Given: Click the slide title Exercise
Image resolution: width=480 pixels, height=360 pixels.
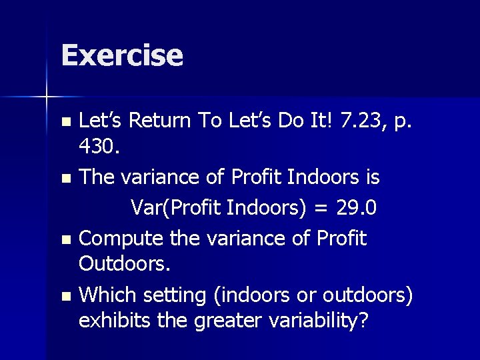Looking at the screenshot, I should [x=121, y=55].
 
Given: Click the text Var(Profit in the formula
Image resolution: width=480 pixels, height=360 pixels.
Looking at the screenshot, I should [x=176, y=208].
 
